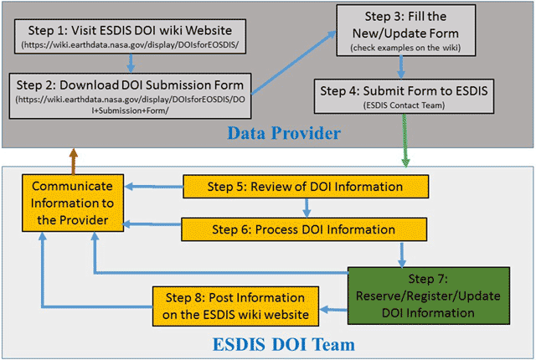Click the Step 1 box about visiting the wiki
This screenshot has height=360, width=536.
[131, 37]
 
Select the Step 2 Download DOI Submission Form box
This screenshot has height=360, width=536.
[131, 96]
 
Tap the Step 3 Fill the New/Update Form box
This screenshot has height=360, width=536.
[406, 30]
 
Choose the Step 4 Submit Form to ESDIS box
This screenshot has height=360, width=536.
[404, 96]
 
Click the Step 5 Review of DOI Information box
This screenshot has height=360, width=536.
[306, 187]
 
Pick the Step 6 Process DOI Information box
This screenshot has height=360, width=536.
[304, 229]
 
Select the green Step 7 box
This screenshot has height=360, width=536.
[429, 296]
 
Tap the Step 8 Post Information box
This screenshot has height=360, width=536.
[235, 306]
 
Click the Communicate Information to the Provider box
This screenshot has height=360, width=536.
[73, 203]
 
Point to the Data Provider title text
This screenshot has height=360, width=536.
[284, 133]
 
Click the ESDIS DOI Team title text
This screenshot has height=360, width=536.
[284, 344]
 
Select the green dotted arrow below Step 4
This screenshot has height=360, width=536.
[405, 141]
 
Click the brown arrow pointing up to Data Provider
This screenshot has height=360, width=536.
[73, 162]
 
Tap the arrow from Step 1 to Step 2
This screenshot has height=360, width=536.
[131, 63]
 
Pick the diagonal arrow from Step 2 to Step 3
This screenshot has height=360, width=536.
[294, 63]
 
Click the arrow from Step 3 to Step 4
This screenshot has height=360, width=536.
[401, 68]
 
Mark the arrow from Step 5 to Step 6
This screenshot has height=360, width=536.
[307, 208]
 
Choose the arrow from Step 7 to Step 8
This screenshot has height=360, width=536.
[333, 310]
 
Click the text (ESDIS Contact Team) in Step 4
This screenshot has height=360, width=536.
[404, 105]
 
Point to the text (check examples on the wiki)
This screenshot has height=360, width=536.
[405, 48]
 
